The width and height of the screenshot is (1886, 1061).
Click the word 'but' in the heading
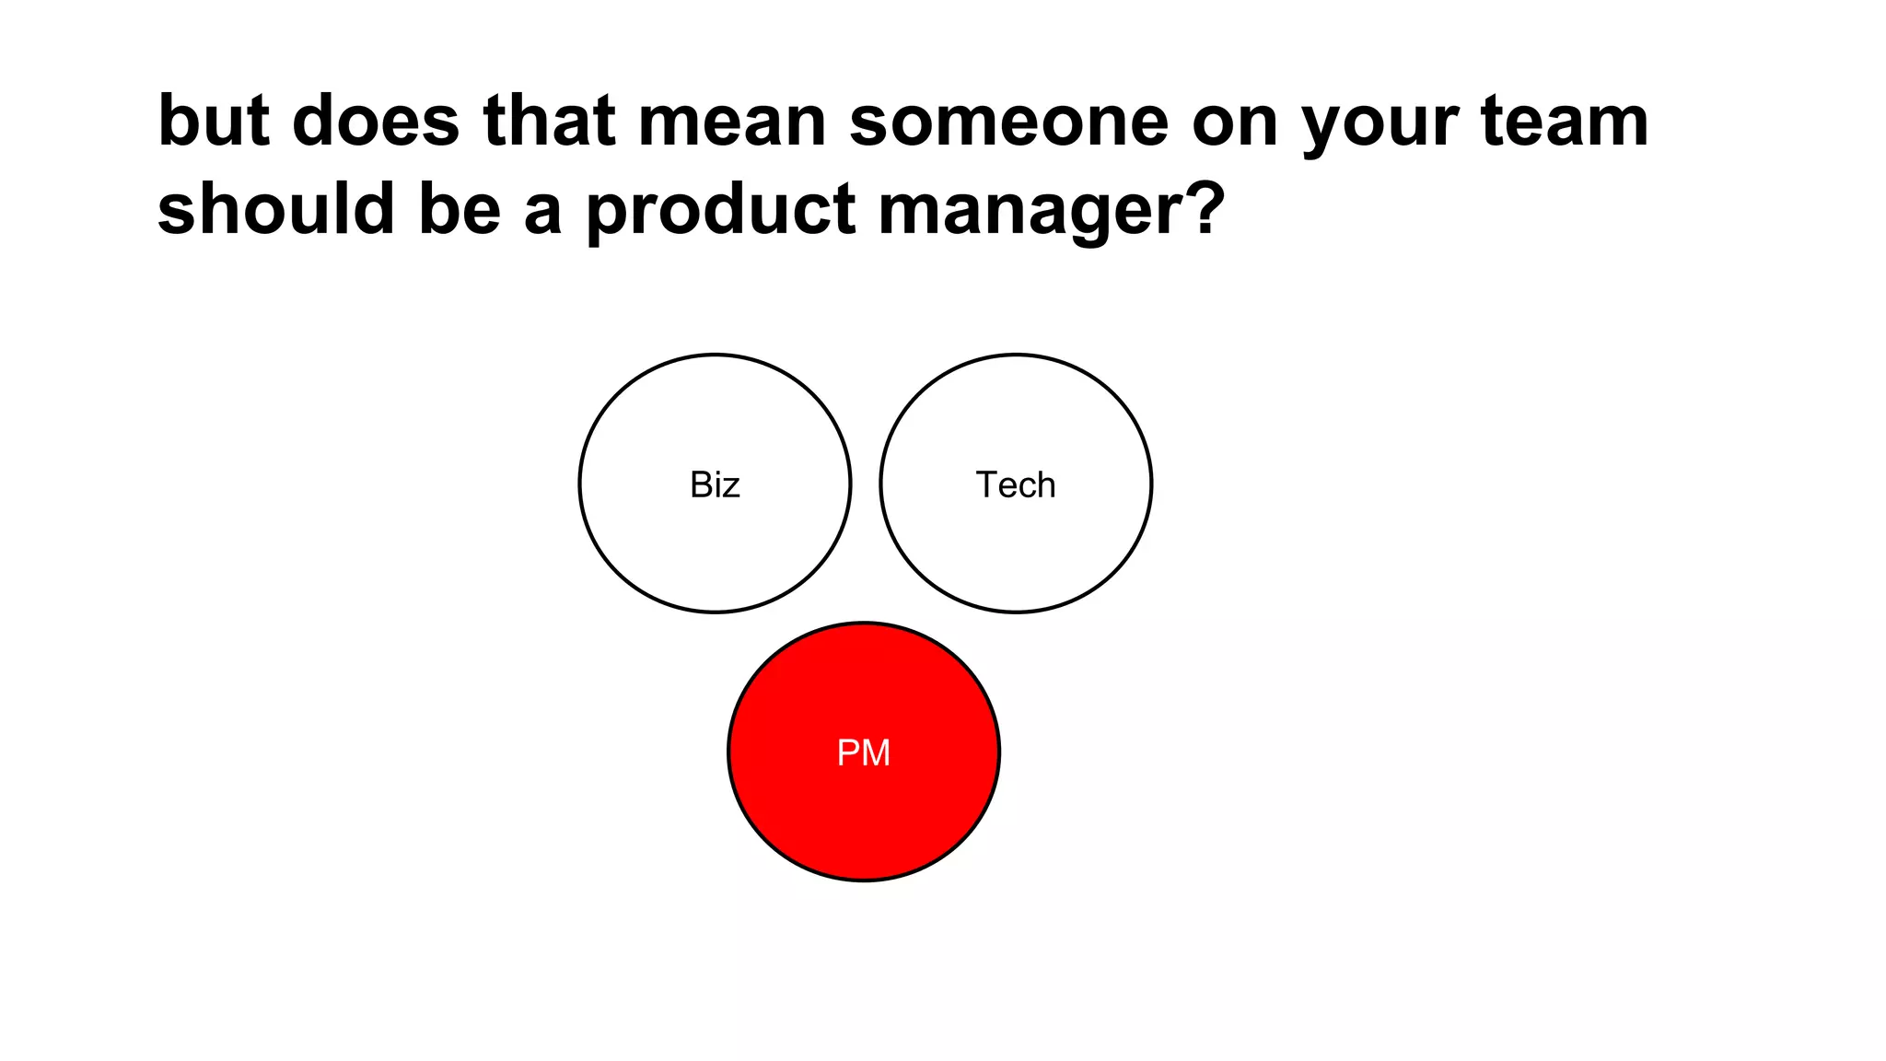(214, 122)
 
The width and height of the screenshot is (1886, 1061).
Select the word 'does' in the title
(376, 122)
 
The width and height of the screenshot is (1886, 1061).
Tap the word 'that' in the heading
(549, 122)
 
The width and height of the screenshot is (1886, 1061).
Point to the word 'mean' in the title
(732, 122)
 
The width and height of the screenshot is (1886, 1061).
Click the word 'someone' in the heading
(1008, 122)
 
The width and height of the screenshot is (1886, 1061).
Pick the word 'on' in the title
(1234, 123)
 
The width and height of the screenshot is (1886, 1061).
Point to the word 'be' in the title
(460, 208)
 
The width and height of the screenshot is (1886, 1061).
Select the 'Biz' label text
(715, 484)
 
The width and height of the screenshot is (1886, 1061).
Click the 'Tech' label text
(1016, 484)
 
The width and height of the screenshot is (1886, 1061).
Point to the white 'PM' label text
(863, 753)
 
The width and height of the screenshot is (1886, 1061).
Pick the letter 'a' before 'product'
(542, 212)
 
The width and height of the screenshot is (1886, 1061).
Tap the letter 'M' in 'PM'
(876, 753)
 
